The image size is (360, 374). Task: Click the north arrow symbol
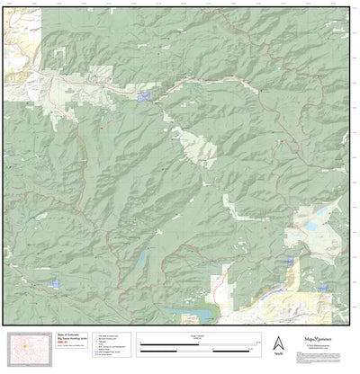tap(278, 342)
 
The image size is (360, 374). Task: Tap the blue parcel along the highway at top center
tap(146, 93)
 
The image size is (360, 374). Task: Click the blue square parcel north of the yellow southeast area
tap(290, 262)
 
